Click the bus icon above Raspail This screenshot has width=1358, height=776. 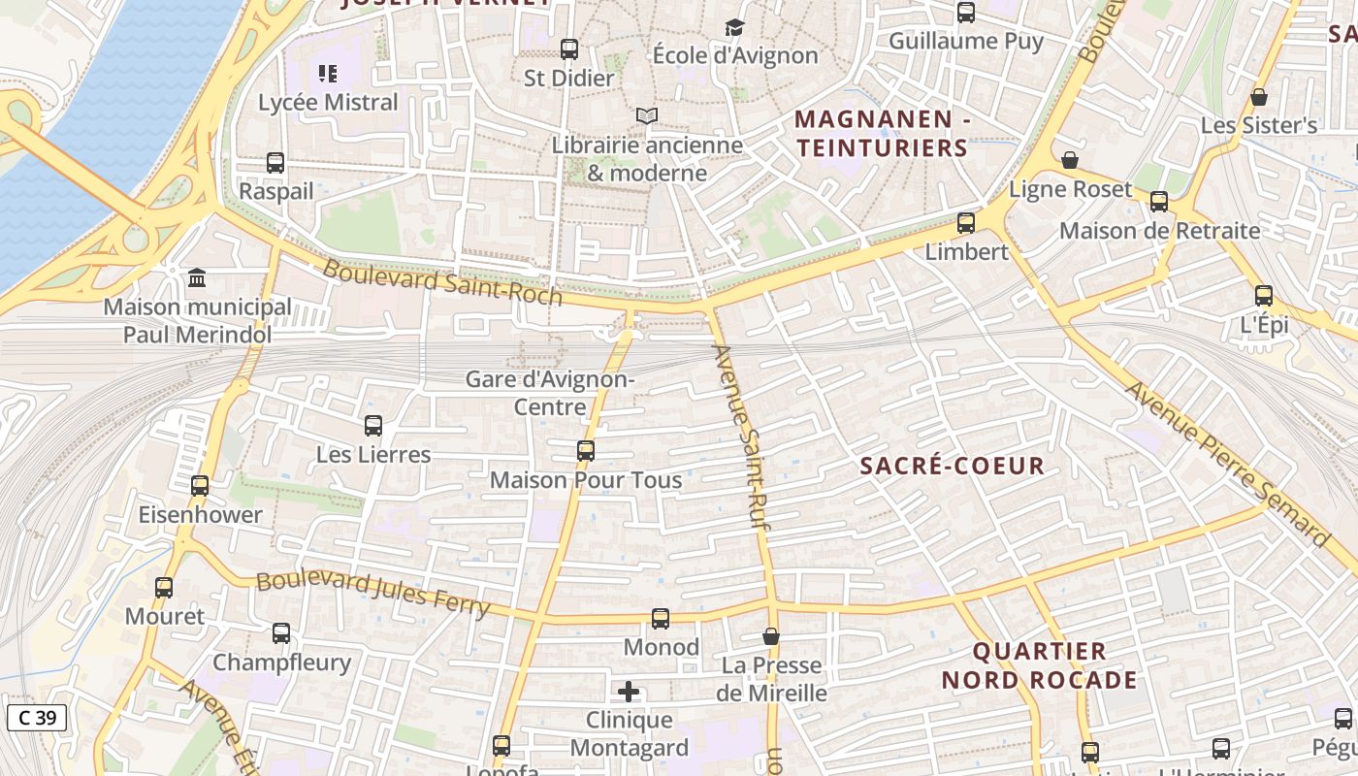tap(275, 163)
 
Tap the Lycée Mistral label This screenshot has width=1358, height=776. tap(328, 102)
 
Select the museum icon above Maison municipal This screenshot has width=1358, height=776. tap(198, 278)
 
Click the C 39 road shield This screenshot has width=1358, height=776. tap(37, 718)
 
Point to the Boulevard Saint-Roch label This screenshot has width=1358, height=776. tap(442, 282)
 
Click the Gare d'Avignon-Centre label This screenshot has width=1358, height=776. tap(549, 393)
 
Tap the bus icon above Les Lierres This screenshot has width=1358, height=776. tap(373, 426)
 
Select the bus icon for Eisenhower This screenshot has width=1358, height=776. tap(200, 486)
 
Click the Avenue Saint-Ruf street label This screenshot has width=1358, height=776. tap(747, 436)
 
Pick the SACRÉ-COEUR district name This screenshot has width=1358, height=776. tap(952, 466)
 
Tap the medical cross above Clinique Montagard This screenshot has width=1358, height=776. tap(629, 692)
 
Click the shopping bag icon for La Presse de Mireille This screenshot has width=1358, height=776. tap(771, 636)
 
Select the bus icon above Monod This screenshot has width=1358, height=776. tap(661, 618)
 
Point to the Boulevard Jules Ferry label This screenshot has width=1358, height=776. tap(373, 593)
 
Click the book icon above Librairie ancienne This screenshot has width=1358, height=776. tap(647, 116)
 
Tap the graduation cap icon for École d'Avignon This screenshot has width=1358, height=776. tap(734, 27)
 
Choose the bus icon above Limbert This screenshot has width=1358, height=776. tap(966, 223)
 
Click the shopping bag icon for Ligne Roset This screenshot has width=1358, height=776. tap(1070, 160)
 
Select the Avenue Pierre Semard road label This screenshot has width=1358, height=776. tap(1227, 463)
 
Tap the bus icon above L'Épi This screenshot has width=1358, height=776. tap(1264, 296)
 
